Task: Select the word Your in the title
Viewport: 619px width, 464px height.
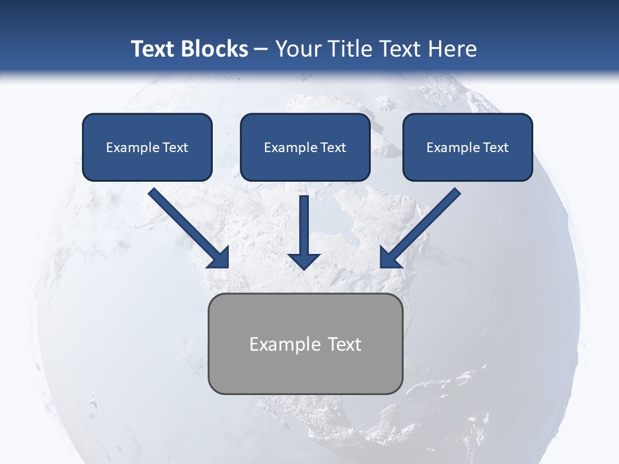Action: click(297, 49)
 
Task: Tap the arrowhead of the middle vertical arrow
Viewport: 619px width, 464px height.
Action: click(304, 260)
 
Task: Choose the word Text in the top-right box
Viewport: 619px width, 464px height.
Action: click(495, 148)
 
